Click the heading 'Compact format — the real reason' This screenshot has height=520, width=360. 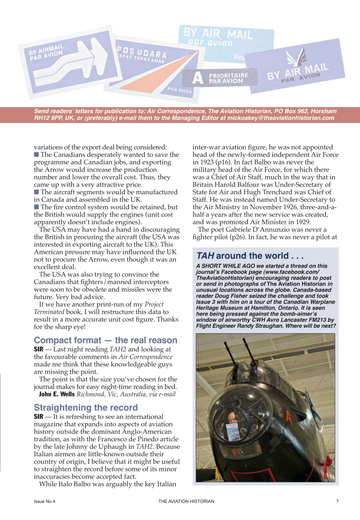(x=106, y=340)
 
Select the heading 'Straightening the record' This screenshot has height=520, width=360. (x=86, y=407)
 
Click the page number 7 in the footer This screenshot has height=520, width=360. (x=337, y=501)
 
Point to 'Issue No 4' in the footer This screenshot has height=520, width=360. (x=44, y=501)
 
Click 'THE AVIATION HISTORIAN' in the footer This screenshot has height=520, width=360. (x=186, y=501)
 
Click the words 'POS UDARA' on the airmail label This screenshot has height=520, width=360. (x=142, y=52)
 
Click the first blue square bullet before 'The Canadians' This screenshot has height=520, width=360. (x=37, y=155)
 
